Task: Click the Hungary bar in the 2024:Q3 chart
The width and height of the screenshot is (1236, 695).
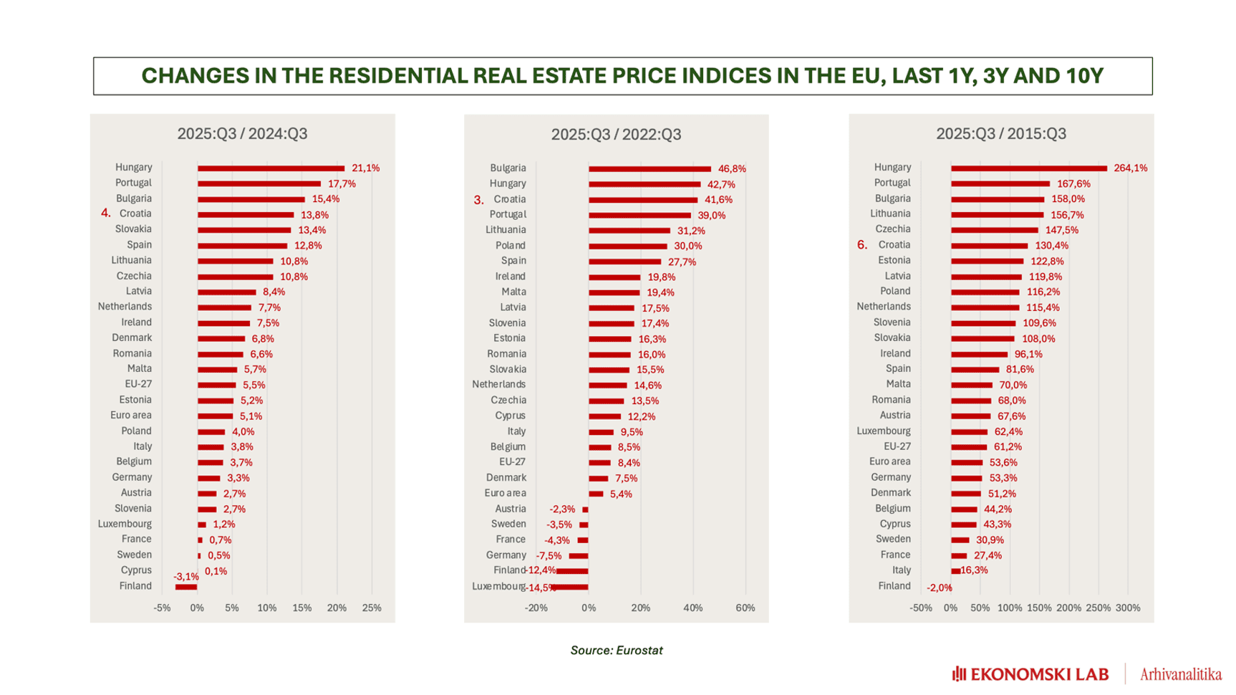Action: tap(271, 168)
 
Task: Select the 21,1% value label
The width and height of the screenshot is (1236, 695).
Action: tap(365, 168)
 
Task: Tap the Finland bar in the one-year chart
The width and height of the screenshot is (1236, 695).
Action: tap(186, 587)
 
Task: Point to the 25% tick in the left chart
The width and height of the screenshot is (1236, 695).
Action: tap(372, 608)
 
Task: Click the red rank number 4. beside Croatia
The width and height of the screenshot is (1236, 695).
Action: tap(106, 214)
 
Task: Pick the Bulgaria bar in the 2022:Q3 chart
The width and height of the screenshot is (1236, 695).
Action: tap(650, 169)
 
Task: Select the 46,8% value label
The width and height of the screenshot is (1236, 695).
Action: tap(732, 169)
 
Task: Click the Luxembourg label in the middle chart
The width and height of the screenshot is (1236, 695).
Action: tap(498, 586)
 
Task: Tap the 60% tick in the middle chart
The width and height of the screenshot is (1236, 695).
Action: tap(745, 608)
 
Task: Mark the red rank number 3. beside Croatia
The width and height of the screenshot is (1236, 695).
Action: tap(478, 200)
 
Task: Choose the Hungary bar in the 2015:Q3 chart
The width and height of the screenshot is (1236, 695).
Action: tap(1028, 168)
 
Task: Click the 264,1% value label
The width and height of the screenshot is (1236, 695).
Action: tap(1130, 168)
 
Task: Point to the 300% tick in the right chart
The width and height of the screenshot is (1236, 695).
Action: tap(1127, 608)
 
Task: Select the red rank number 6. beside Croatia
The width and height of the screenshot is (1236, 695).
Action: tap(862, 245)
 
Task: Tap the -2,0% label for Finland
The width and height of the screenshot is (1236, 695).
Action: tap(939, 588)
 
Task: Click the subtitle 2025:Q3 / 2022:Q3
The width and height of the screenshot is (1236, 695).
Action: tap(616, 135)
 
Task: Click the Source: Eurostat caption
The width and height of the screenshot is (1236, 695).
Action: tap(616, 651)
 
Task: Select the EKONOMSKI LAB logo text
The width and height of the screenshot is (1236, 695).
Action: tap(1030, 674)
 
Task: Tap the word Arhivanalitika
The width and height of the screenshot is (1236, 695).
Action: tap(1180, 674)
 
